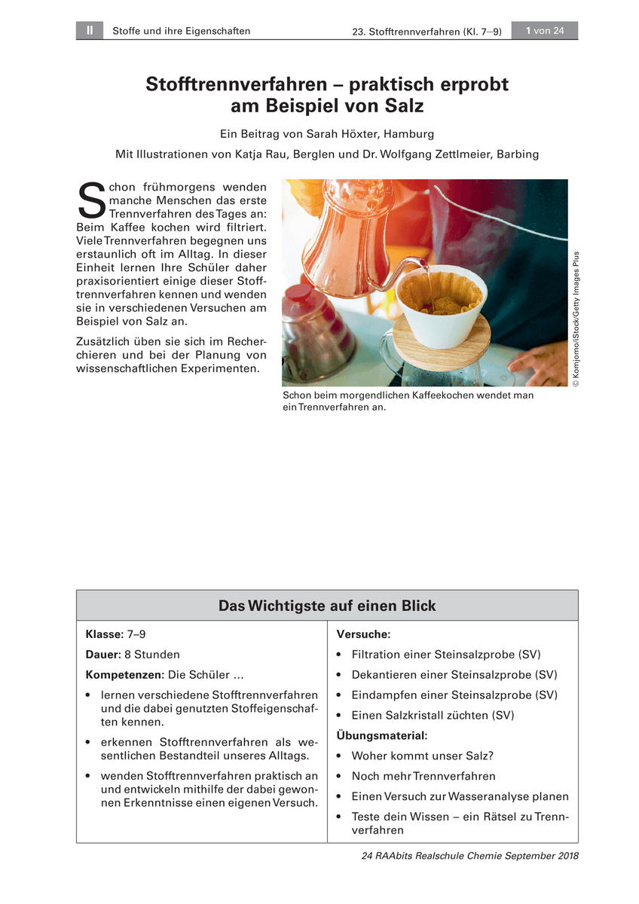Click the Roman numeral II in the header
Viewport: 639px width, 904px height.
[89, 31]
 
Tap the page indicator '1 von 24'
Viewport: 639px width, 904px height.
[545, 31]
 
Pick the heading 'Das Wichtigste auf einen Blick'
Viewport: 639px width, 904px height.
[327, 606]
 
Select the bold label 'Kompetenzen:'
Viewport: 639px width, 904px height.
[125, 675]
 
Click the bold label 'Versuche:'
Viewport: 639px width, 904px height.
[363, 635]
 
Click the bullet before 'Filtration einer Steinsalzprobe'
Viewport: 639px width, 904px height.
[341, 655]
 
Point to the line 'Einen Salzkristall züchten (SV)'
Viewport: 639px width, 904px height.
[433, 716]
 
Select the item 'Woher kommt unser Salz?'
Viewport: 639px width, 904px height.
[422, 756]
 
